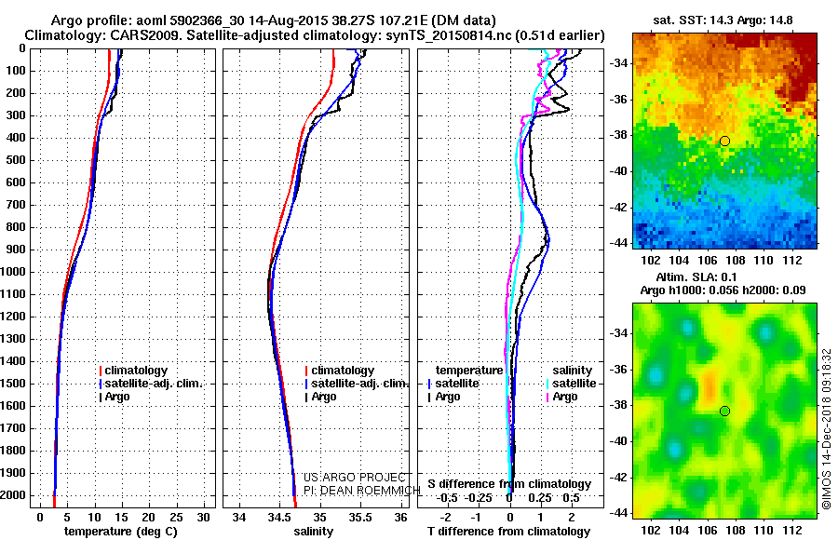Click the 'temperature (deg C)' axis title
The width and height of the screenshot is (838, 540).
pyautogui.click(x=121, y=532)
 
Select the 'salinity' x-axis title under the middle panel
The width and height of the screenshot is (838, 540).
pyautogui.click(x=313, y=532)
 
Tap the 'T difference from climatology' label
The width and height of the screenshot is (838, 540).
pyautogui.click(x=508, y=532)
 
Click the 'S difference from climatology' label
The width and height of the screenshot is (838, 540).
pyautogui.click(x=508, y=484)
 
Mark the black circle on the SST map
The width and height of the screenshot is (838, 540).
pyautogui.click(x=724, y=141)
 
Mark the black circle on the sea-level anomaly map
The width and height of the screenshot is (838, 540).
pyautogui.click(x=724, y=411)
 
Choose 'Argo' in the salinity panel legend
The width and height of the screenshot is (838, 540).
pyautogui.click(x=324, y=397)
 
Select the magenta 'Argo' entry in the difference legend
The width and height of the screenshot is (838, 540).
pyautogui.click(x=565, y=397)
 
